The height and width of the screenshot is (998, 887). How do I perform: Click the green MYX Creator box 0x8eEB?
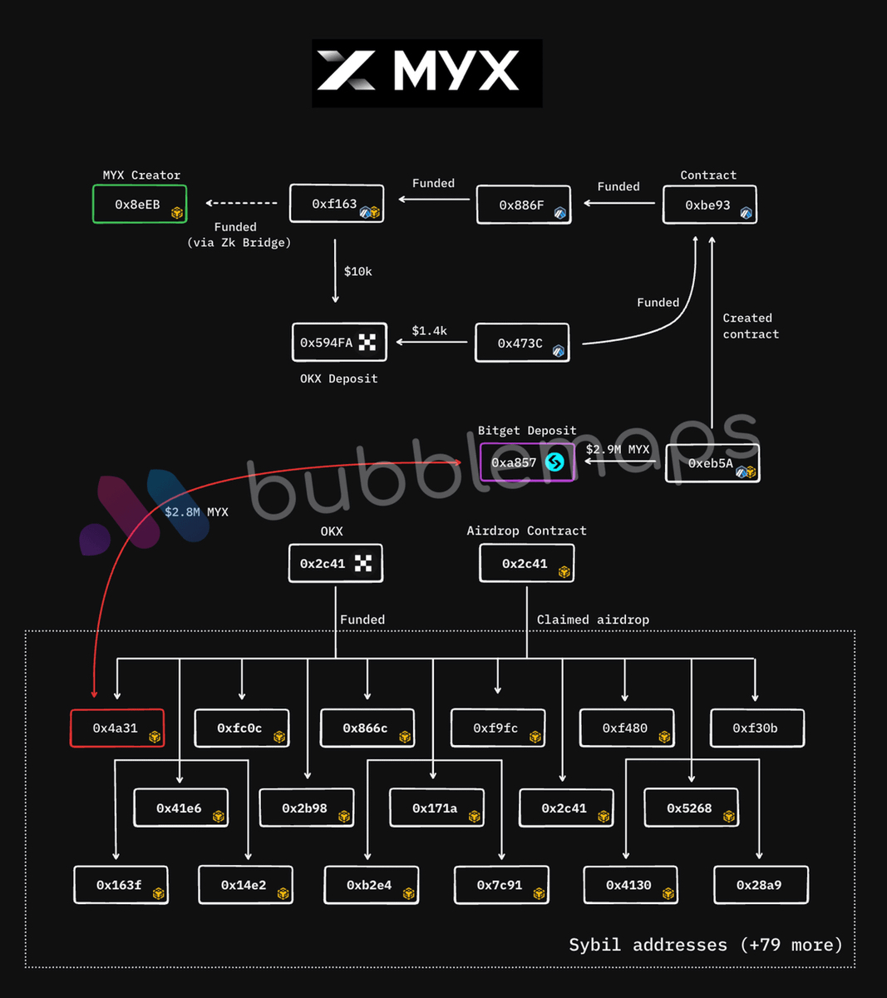click(140, 205)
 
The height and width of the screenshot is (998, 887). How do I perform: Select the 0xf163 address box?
click(337, 204)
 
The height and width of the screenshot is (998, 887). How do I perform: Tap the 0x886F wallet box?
click(524, 205)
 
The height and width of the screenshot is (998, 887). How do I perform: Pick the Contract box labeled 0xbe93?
click(709, 205)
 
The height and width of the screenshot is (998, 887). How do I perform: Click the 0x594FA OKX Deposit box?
click(339, 343)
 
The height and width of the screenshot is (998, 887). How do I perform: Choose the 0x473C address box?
click(522, 343)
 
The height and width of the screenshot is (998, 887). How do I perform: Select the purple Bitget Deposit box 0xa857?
click(527, 462)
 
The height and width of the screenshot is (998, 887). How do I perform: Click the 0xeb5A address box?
click(712, 463)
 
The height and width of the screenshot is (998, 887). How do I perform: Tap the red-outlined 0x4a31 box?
click(117, 729)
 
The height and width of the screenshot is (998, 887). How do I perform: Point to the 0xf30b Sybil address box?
click(757, 729)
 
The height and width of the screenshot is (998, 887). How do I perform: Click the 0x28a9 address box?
click(761, 885)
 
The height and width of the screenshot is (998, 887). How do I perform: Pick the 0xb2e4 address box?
click(372, 885)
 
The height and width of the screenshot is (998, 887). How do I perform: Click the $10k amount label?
click(358, 272)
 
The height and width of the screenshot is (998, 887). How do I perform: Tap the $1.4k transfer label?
click(430, 331)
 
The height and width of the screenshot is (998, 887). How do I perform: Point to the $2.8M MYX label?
click(196, 512)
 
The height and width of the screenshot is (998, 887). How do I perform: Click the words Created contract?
click(751, 326)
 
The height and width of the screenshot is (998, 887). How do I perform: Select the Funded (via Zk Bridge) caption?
click(239, 235)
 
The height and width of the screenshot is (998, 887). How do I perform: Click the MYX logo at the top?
click(427, 73)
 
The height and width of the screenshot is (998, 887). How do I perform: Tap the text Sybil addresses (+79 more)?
click(706, 945)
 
